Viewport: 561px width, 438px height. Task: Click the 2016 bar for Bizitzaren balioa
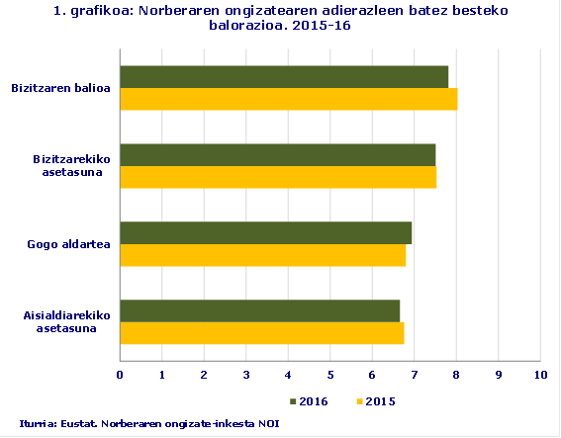pos(284,76)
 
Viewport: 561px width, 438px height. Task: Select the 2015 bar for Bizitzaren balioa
pos(288,99)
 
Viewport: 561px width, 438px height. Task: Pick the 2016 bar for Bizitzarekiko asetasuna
pos(277,154)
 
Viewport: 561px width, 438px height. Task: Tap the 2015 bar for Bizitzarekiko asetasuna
pos(278,177)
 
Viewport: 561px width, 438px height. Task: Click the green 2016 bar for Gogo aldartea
pos(265,232)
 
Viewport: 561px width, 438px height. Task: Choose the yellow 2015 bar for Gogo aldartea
pos(262,255)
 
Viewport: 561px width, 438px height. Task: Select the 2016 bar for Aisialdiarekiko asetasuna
pos(259,310)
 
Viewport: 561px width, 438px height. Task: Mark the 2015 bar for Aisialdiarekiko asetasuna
pos(261,333)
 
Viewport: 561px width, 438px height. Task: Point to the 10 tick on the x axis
pos(539,375)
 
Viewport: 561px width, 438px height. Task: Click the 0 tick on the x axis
pos(120,375)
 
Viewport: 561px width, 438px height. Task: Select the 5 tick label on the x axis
pos(329,375)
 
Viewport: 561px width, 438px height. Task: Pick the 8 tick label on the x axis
pos(455,375)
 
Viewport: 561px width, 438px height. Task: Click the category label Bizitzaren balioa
pos(60,88)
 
